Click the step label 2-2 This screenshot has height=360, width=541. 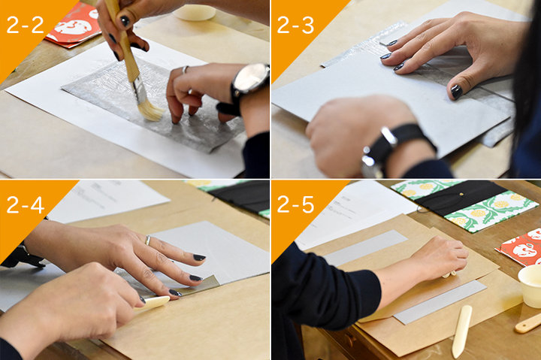[26, 25]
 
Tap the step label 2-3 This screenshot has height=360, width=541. [295, 25]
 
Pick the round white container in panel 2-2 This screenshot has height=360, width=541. [195, 13]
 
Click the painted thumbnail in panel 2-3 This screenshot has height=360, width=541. [457, 92]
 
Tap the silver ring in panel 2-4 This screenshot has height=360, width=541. [148, 241]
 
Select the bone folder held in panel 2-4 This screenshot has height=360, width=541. [153, 303]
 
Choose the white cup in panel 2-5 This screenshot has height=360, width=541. [530, 286]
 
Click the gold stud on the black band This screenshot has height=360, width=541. [462, 195]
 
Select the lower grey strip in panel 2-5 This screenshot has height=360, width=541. [440, 302]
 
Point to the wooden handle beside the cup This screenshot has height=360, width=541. [528, 324]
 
